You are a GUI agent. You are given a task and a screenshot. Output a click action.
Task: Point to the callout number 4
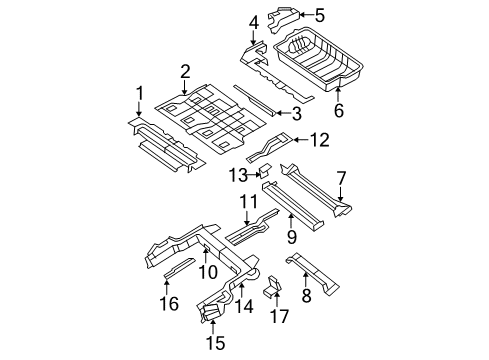(x=253, y=21)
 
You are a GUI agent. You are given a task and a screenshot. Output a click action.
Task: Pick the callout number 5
(x=319, y=15)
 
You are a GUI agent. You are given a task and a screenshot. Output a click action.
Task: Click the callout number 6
(x=338, y=111)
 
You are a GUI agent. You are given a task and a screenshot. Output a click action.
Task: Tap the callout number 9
(x=291, y=237)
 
